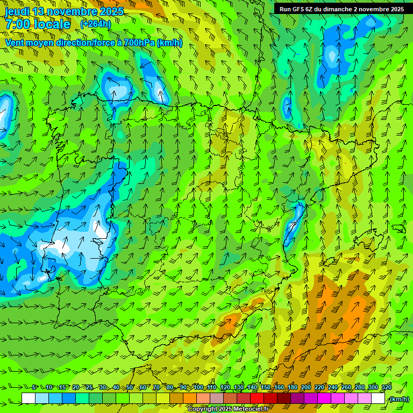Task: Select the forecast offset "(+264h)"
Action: click(x=96, y=24)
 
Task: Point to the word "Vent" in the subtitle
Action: click(x=16, y=42)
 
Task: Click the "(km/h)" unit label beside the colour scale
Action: click(x=399, y=399)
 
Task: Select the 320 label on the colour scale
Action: click(x=386, y=387)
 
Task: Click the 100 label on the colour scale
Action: click(x=198, y=387)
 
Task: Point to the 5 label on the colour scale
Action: click(x=34, y=387)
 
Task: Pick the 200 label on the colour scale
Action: click(x=306, y=387)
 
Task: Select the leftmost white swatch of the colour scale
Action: click(x=29, y=398)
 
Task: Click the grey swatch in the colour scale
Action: click(x=217, y=398)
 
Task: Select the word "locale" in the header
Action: click(x=52, y=24)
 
